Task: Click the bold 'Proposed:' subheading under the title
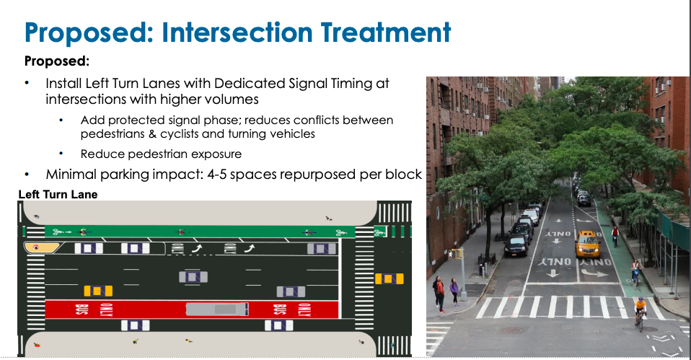[x=56, y=61]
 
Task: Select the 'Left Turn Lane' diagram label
[x=58, y=195]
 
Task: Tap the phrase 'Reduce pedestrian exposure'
[x=161, y=154]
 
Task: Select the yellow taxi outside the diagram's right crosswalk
[x=389, y=278]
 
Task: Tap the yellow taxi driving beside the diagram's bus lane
[x=98, y=291]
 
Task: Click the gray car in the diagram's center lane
[x=193, y=276]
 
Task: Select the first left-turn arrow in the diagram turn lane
[x=195, y=248]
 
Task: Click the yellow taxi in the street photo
[x=587, y=244]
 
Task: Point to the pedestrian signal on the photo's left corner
[x=455, y=254]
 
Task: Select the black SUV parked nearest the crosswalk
[x=516, y=245]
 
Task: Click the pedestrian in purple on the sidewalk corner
[x=454, y=291]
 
